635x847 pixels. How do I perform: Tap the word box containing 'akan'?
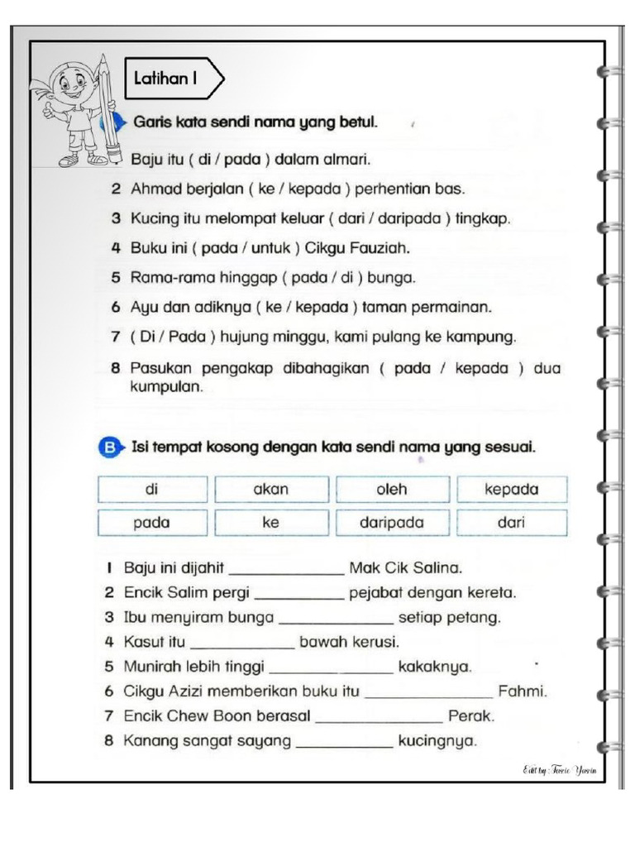point(271,490)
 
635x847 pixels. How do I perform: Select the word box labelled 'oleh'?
point(392,490)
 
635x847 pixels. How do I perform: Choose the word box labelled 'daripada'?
point(392,523)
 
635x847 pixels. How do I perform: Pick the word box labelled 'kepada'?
point(512,490)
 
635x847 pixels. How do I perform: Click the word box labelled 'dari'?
point(512,523)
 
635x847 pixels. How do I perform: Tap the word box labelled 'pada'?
point(151,523)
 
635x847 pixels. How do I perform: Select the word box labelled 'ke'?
point(271,523)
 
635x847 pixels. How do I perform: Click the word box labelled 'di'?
point(151,490)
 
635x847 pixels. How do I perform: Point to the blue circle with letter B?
point(108,448)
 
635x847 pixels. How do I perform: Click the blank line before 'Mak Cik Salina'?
point(286,572)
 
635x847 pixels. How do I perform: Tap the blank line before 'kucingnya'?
point(344,745)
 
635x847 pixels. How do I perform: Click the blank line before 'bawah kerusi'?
point(241,646)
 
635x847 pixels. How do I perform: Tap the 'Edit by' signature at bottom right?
point(559,771)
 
